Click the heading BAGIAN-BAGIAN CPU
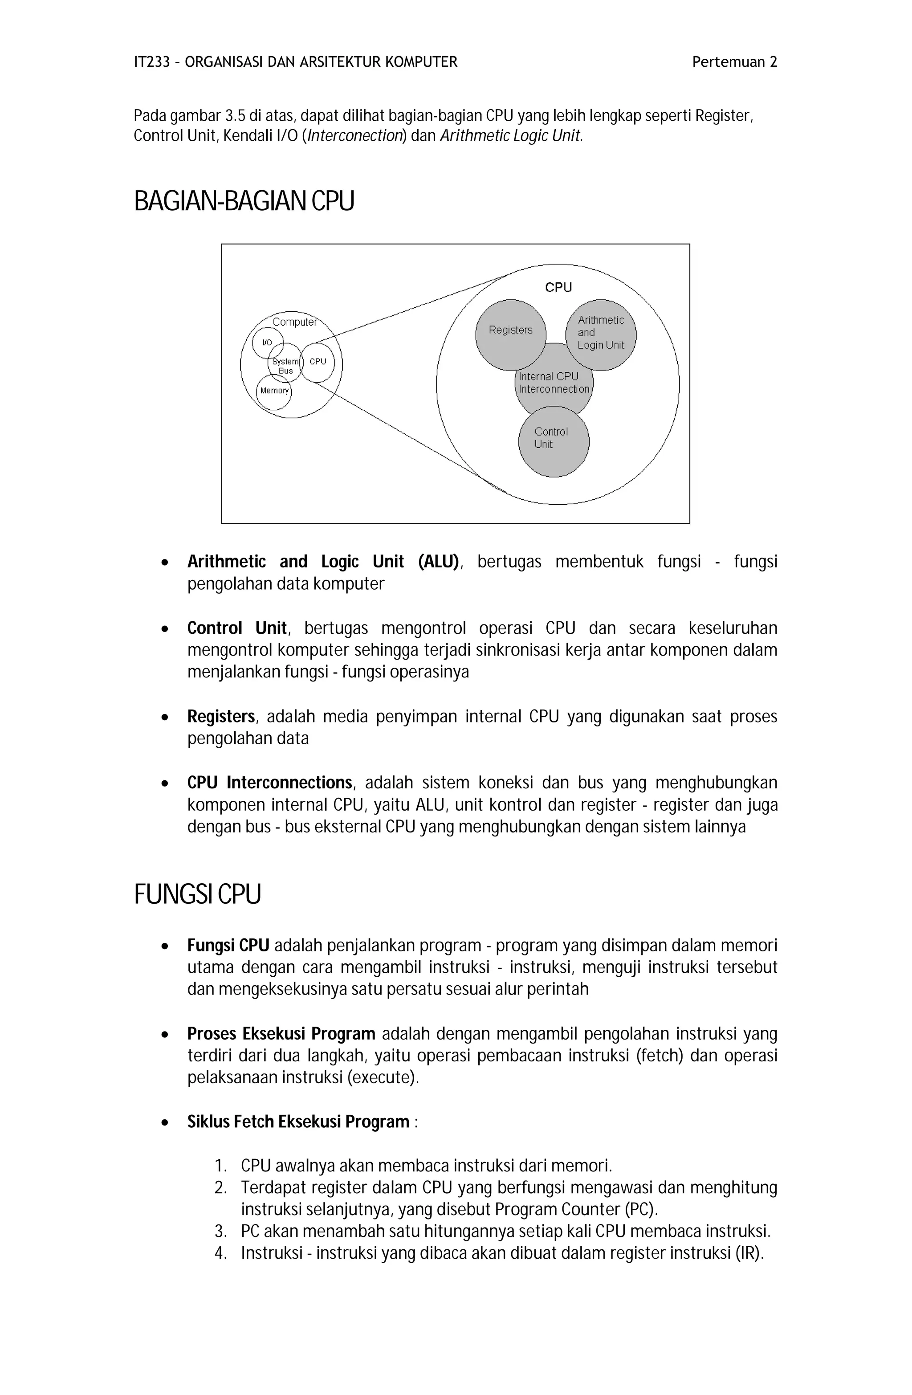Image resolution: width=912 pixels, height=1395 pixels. click(x=244, y=201)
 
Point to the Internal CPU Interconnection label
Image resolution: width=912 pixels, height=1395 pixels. click(x=553, y=383)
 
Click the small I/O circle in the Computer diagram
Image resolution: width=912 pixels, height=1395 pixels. click(x=267, y=343)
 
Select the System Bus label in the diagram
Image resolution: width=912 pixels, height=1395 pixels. click(x=285, y=366)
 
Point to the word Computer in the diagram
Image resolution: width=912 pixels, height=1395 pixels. click(x=294, y=322)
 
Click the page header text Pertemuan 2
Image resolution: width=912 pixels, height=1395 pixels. click(x=734, y=62)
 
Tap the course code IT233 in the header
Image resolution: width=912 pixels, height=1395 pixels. click(x=152, y=62)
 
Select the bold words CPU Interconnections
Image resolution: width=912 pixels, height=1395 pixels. click(x=269, y=783)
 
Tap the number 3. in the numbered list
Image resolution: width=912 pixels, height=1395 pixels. click(x=220, y=1231)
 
